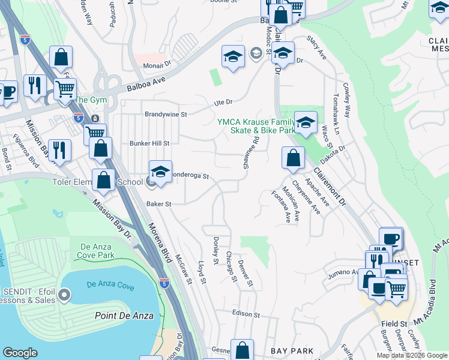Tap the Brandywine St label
[x=166, y=113]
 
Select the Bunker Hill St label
[x=150, y=143]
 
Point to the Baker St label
[x=159, y=204]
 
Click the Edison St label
[x=246, y=314]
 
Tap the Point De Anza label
[x=124, y=316]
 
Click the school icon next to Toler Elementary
[x=160, y=173]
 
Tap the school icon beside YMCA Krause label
[x=306, y=124]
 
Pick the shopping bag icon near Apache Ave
[x=292, y=158]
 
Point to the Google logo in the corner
[x=20, y=353]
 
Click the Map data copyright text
[x=412, y=355]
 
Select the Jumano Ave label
[x=343, y=273]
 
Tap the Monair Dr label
[x=157, y=62]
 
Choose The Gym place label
[x=90, y=100]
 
